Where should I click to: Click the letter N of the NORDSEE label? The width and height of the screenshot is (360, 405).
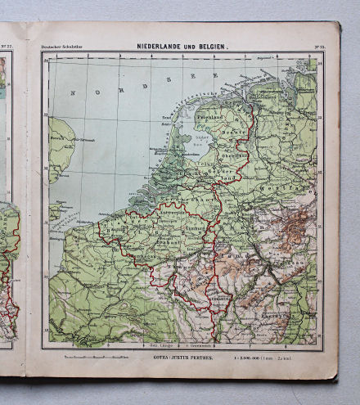(74, 92)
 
